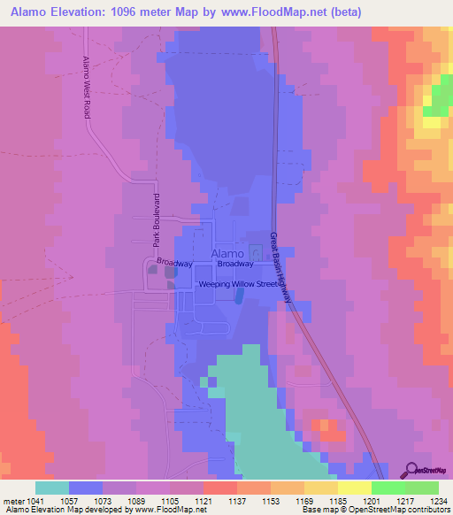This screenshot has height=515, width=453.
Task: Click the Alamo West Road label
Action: (x=88, y=88)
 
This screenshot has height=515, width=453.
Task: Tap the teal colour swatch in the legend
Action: (x=51, y=488)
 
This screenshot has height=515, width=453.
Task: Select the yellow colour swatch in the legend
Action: (x=355, y=488)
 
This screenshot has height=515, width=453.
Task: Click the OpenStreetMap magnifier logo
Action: (x=411, y=471)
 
